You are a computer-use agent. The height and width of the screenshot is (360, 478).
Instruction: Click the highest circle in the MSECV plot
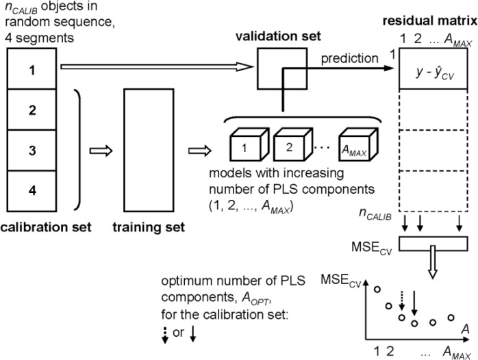377,291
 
